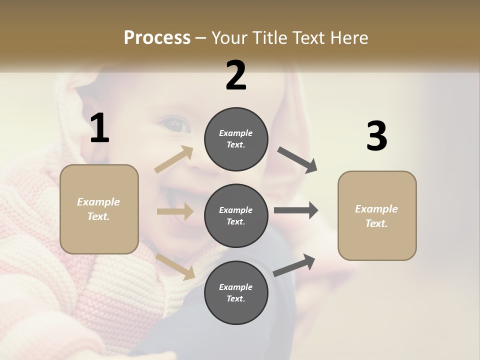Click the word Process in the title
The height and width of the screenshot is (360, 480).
click(157, 38)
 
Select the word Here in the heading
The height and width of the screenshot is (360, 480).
click(347, 38)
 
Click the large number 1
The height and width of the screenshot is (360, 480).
click(99, 128)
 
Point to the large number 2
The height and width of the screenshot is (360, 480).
click(236, 75)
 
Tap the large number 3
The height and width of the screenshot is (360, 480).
click(376, 136)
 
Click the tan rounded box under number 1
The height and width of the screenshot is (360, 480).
click(99, 209)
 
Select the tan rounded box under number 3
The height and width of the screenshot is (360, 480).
click(377, 216)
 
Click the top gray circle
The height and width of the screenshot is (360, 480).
click(236, 139)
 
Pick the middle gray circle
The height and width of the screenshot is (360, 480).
click(236, 215)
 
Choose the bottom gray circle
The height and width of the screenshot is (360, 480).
click(236, 292)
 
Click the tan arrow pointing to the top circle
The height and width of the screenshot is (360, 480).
click(174, 159)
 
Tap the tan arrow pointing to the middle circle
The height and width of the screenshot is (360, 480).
click(175, 211)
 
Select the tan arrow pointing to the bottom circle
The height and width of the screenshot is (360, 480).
click(175, 266)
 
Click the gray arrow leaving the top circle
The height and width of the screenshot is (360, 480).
click(297, 160)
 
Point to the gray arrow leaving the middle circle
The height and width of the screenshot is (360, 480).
click(295, 210)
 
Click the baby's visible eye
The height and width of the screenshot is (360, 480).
click(176, 124)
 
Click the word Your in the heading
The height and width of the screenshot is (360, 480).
click(227, 38)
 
